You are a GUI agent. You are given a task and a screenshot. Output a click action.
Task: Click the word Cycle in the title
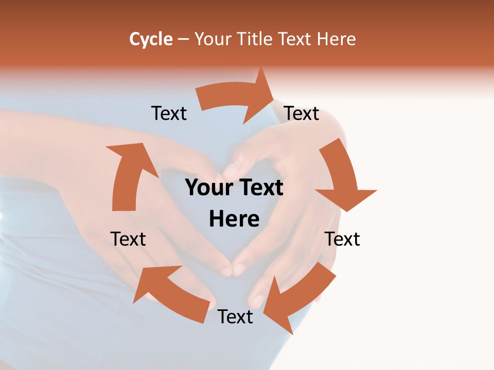point(151,39)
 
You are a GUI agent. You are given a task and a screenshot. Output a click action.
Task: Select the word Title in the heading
point(256,39)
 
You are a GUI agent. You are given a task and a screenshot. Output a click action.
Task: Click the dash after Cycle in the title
point(183,39)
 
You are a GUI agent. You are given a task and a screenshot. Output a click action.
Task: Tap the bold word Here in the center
point(234,219)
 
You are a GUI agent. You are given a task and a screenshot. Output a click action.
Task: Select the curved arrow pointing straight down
point(344,177)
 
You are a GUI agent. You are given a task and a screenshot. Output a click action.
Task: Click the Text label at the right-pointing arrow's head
point(302,113)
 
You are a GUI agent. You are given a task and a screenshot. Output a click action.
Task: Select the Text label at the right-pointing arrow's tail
point(169,113)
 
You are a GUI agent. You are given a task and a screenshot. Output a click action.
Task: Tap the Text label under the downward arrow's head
point(342,239)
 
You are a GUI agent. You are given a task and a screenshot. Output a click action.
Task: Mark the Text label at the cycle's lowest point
point(235,317)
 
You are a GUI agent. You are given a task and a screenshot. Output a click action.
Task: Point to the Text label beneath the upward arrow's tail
point(128,239)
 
